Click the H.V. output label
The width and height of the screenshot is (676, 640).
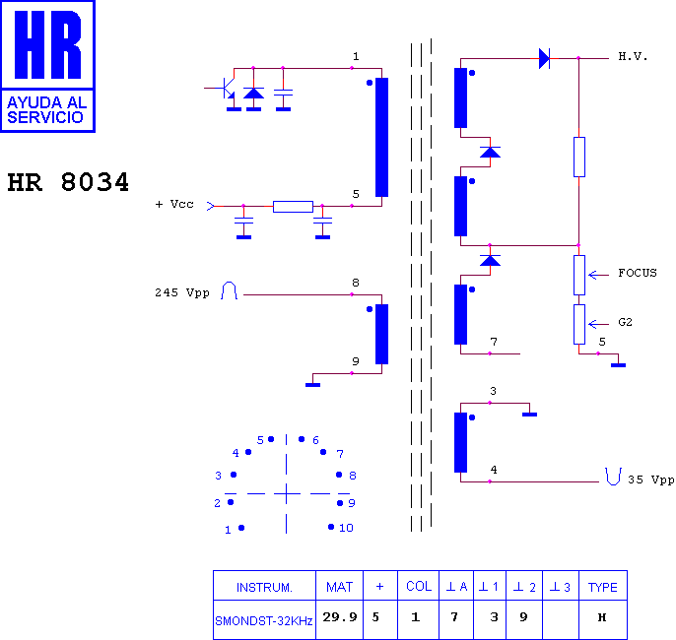pos(633,56)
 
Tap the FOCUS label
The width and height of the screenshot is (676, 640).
pos(638,273)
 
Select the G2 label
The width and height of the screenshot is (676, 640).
pos(625,322)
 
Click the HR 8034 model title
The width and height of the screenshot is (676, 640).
pos(68,182)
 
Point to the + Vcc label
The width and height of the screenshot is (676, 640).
pos(174,204)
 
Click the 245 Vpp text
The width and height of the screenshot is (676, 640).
pos(182,292)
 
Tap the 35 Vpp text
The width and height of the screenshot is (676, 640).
pos(651,480)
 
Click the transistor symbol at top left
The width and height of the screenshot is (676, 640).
pos(226,88)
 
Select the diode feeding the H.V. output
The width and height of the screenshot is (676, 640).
pos(545,58)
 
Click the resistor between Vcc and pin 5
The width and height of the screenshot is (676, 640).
pos(294,207)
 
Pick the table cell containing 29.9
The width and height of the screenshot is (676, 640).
pos(340,619)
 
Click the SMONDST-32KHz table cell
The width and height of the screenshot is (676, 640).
pos(264,620)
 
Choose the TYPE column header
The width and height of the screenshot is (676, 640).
pos(603,586)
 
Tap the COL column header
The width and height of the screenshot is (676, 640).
pos(419,586)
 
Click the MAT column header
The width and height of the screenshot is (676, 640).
pos(340,586)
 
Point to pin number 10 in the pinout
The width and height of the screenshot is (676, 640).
pos(346,528)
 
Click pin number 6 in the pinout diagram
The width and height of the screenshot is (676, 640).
pos(315,440)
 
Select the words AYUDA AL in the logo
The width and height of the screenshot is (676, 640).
pos(47,102)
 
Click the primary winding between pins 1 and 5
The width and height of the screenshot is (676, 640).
pos(382,138)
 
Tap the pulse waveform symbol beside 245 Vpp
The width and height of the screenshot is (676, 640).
pos(229,290)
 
